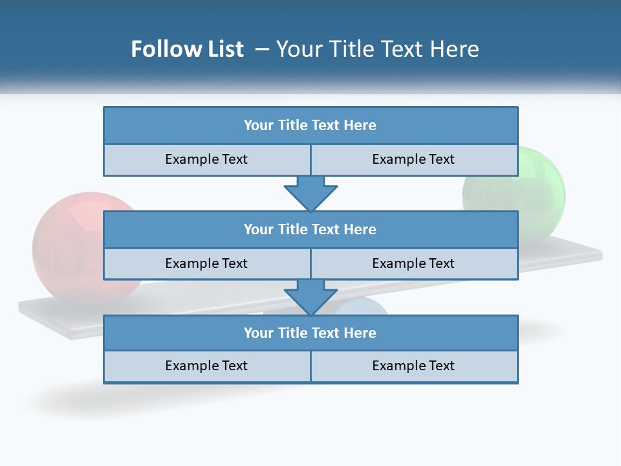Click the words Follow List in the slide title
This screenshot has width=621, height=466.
(x=187, y=49)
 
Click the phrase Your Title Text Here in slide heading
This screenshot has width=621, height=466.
(x=378, y=49)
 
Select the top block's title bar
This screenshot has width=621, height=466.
(x=310, y=126)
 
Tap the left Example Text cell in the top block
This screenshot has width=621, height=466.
(x=206, y=160)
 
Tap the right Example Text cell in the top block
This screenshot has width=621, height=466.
(x=414, y=160)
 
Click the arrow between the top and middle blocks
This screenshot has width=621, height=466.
(x=310, y=194)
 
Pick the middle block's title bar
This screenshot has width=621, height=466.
(x=310, y=229)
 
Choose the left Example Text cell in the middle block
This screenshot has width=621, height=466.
(x=206, y=264)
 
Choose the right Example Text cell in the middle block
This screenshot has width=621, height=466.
(x=414, y=264)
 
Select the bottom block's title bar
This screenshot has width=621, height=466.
(x=310, y=333)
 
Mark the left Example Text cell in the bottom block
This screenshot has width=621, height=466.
(x=206, y=366)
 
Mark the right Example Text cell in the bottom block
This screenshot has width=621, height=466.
(x=414, y=366)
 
